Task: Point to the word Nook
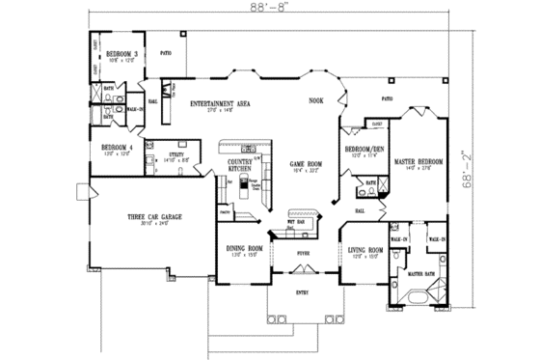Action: pos(315,100)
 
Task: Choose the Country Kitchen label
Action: pos(240,165)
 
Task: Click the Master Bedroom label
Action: pos(418,161)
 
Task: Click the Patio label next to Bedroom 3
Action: pos(165,53)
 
